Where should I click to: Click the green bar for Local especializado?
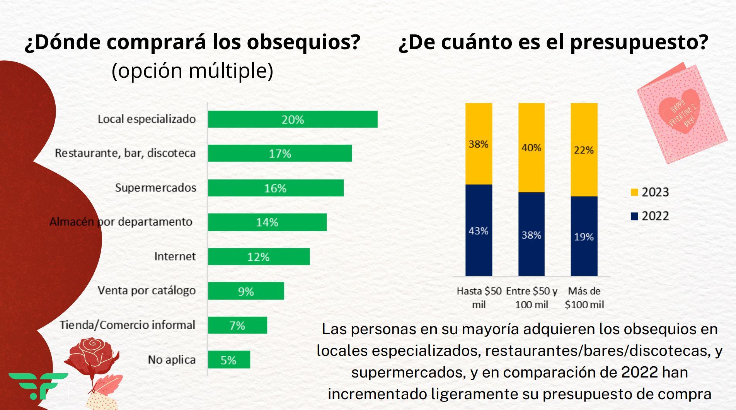(x=293, y=119)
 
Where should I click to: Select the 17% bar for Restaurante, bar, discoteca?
(x=280, y=153)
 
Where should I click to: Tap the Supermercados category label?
(x=155, y=188)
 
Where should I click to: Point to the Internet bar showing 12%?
(x=259, y=256)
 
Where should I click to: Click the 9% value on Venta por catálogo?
(x=246, y=291)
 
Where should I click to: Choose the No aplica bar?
(x=229, y=360)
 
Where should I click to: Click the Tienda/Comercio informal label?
(x=127, y=325)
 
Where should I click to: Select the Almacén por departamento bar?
(x=267, y=222)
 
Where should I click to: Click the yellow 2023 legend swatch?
(x=634, y=192)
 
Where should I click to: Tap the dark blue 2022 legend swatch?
(x=634, y=216)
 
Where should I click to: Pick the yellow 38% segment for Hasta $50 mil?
(x=479, y=144)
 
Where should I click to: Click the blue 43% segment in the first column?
(x=479, y=231)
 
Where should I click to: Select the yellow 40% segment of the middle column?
(x=531, y=148)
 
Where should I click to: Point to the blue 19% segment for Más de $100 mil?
(x=584, y=236)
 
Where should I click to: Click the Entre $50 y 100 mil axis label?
(x=532, y=298)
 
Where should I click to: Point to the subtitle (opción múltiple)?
(x=193, y=71)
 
